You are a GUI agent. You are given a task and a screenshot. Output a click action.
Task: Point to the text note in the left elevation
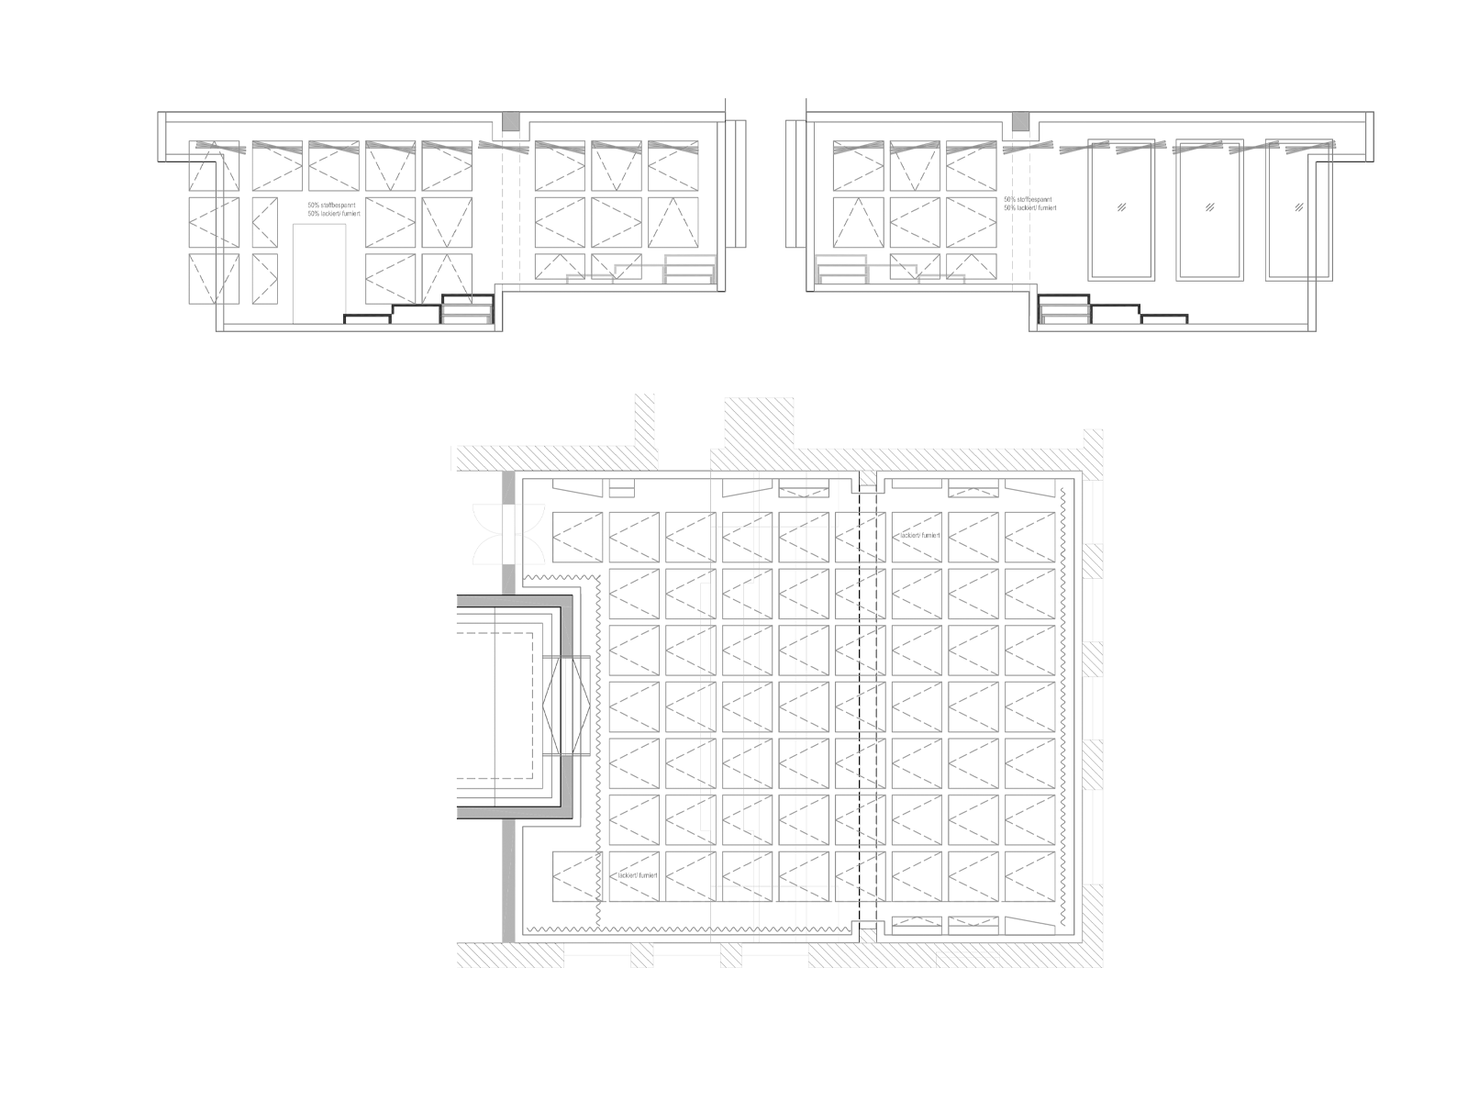pyautogui.click(x=334, y=209)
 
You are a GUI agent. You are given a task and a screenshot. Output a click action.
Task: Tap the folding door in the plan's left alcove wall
pyautogui.click(x=562, y=706)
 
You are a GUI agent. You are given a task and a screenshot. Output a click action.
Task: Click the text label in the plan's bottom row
pyautogui.click(x=639, y=875)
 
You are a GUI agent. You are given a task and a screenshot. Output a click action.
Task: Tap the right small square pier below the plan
pyautogui.click(x=730, y=955)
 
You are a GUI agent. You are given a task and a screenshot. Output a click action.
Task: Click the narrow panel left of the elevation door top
pyautogui.click(x=263, y=221)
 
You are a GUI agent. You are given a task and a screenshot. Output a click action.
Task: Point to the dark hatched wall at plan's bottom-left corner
pyautogui.click(x=509, y=955)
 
